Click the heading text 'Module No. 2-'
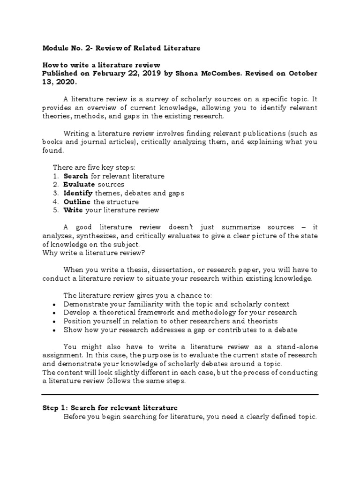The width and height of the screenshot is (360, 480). [x=65, y=48]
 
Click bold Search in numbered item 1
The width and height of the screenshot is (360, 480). [x=75, y=176]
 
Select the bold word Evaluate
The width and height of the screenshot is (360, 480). [x=79, y=185]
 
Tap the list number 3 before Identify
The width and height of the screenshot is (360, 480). [x=55, y=193]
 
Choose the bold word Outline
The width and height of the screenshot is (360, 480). [x=77, y=202]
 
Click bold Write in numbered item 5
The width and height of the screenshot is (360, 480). [x=74, y=210]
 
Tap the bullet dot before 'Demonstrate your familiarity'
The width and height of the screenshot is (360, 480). [x=55, y=305]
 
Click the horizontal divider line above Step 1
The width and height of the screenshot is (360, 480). [x=180, y=395]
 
